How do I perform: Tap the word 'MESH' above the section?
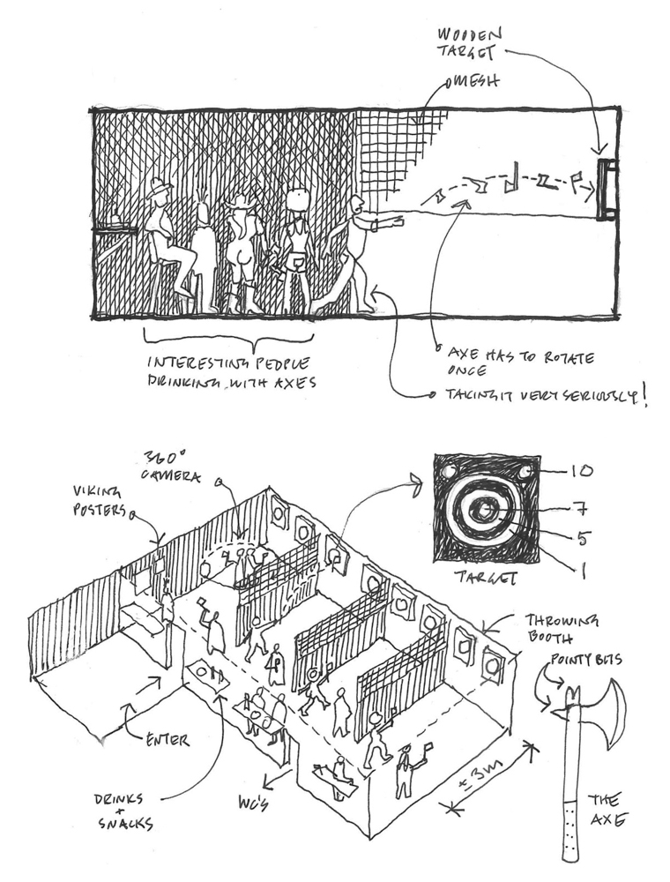[474, 82]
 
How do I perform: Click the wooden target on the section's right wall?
[606, 189]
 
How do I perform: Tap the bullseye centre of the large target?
[484, 509]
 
